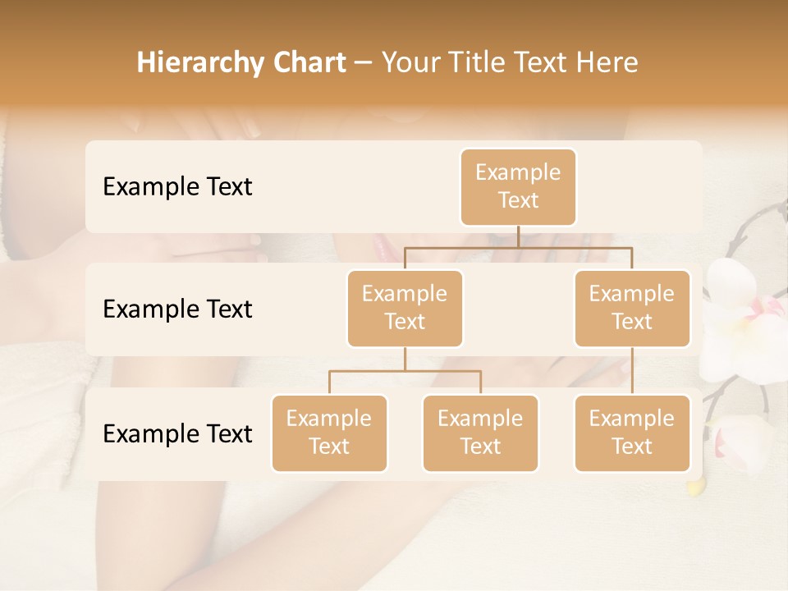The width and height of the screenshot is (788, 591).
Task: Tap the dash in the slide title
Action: click(364, 63)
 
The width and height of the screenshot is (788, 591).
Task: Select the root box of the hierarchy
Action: click(518, 186)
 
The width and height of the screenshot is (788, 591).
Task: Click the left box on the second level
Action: click(405, 308)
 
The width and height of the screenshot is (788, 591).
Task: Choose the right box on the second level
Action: click(632, 308)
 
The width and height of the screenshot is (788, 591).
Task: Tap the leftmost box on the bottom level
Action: click(329, 433)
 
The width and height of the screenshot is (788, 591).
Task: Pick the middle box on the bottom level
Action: click(480, 433)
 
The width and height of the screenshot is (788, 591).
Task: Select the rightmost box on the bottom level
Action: click(632, 433)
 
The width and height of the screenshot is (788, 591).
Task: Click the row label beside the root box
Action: click(177, 186)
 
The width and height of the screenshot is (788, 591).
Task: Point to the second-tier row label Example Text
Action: click(177, 309)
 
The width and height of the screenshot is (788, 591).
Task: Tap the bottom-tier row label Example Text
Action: click(177, 433)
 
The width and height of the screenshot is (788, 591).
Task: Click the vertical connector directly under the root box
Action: click(518, 236)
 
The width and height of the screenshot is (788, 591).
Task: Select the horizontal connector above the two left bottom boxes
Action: click(405, 371)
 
